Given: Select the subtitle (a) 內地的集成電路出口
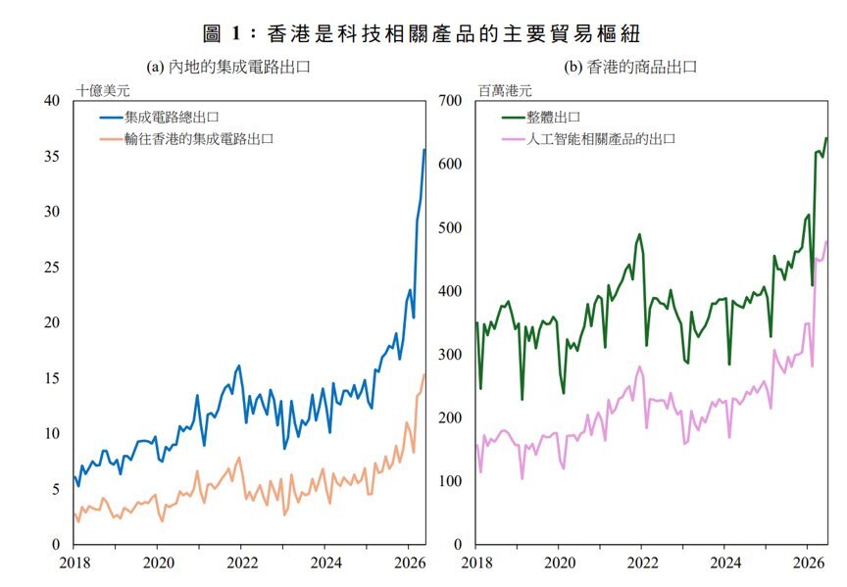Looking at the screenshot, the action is click(228, 67).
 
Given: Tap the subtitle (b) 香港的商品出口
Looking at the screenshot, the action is click(630, 67).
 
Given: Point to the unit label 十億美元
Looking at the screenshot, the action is click(103, 90).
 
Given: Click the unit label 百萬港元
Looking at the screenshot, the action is click(505, 90).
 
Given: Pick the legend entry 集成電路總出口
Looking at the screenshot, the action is click(159, 118).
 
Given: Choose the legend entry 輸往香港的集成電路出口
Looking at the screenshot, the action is click(186, 139).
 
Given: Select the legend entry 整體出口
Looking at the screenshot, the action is click(541, 118).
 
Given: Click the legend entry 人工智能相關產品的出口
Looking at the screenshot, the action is click(589, 139).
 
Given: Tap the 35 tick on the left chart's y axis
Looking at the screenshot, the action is click(52, 156).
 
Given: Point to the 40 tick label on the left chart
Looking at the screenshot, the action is click(52, 100).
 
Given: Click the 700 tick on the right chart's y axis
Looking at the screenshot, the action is click(450, 100).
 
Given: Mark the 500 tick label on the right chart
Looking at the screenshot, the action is click(450, 227).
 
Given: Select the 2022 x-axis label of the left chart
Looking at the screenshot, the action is click(242, 563).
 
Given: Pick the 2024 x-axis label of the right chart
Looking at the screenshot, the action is click(725, 563).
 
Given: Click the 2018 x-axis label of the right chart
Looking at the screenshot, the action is click(477, 563).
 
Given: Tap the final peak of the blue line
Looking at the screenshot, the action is click(424, 150).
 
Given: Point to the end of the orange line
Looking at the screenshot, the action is click(424, 374).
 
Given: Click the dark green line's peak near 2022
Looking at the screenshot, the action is click(639, 234).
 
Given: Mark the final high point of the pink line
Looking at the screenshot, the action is click(826, 241).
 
